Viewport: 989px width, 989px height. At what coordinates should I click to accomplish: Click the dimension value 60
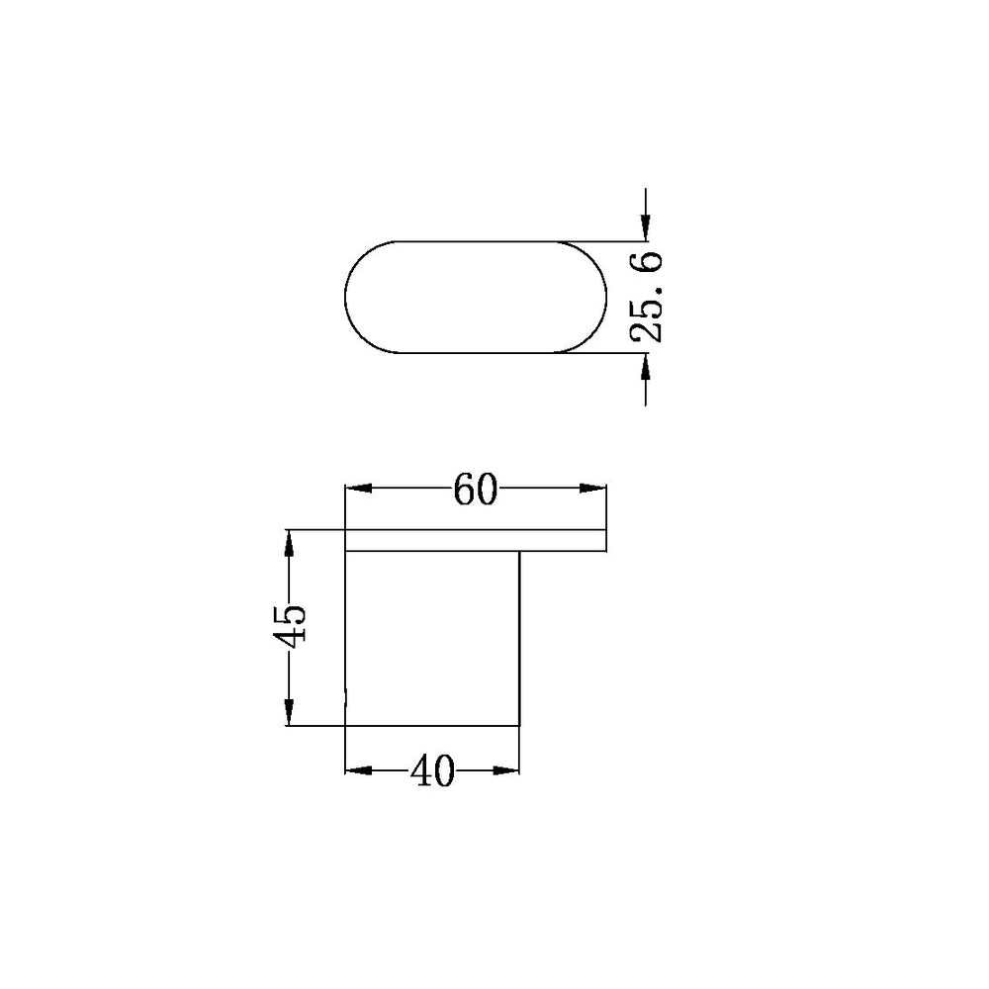(x=474, y=491)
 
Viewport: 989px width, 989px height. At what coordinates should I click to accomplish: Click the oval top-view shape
(x=473, y=297)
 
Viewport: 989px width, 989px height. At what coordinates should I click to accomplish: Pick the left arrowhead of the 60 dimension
(x=356, y=488)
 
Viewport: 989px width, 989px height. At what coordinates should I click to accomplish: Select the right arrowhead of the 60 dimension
(x=593, y=488)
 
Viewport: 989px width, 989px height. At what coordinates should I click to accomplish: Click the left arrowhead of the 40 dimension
(x=356, y=770)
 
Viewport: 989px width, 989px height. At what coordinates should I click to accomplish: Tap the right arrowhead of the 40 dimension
(x=507, y=770)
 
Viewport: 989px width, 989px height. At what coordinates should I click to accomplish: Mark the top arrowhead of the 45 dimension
(x=289, y=543)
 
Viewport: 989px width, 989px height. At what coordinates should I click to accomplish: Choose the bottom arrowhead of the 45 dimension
(x=289, y=713)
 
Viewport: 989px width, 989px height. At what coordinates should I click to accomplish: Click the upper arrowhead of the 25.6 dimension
(x=645, y=226)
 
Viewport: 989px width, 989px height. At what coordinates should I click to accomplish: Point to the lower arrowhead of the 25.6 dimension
(x=645, y=367)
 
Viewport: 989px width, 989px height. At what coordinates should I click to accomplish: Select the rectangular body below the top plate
(x=431, y=638)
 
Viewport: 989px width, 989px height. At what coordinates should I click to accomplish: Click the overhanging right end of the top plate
(x=564, y=540)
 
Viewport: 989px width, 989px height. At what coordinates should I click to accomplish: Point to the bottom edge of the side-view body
(x=431, y=726)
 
